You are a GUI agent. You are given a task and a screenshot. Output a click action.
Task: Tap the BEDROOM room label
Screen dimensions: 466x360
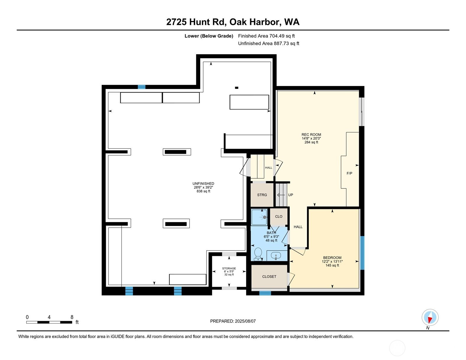coord(332,258)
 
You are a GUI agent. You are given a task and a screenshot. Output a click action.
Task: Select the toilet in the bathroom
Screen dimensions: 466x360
coord(258,254)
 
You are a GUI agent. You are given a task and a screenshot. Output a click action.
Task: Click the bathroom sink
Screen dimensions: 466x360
coord(276,256)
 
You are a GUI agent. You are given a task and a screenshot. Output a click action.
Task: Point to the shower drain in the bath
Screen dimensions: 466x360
coord(265,217)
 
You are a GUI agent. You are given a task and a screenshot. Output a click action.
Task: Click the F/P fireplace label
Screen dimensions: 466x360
coord(349,173)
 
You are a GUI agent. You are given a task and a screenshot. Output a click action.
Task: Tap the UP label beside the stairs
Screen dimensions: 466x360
coord(291,195)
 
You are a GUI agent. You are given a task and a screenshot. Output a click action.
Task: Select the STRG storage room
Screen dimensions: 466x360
coord(262,195)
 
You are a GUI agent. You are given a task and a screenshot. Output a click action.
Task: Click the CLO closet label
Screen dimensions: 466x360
coord(279,217)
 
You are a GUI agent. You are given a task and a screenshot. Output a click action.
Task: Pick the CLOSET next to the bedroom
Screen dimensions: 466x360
coord(269,277)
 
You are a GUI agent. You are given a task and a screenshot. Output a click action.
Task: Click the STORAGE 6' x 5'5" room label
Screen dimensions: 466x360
coord(229,271)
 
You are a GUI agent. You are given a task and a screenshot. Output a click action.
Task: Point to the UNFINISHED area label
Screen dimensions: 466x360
coord(203,187)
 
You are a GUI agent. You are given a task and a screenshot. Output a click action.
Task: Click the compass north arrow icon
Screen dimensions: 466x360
coord(430,317)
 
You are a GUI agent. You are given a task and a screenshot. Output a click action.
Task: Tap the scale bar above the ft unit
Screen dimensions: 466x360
coord(49,322)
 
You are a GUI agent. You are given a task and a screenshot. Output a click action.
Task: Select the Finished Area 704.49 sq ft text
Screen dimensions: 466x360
coord(266,36)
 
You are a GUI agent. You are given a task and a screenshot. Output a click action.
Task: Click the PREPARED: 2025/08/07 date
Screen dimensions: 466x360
coord(233,321)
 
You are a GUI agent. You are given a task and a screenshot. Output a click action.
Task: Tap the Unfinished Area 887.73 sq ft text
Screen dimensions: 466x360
coord(268,43)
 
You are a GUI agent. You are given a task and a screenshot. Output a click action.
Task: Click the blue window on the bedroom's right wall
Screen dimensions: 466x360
coord(362,253)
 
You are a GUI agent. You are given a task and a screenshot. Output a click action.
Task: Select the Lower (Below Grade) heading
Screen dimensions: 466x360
coord(209,36)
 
